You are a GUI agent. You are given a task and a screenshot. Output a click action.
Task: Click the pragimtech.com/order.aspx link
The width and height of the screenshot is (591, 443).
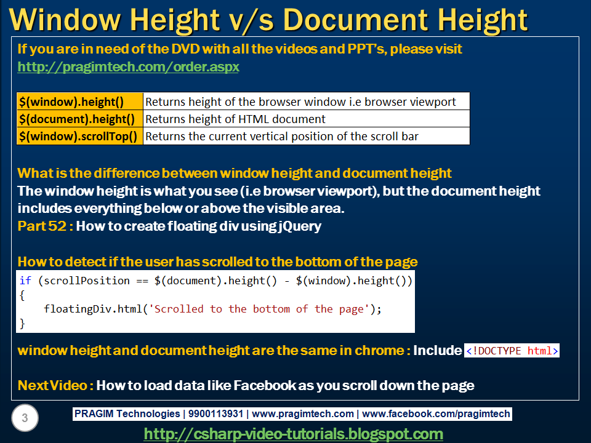tap(128, 67)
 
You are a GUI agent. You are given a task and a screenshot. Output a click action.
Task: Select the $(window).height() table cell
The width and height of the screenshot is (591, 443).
tap(80, 102)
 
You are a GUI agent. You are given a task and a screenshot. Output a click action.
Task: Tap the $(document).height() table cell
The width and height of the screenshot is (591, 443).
tap(80, 119)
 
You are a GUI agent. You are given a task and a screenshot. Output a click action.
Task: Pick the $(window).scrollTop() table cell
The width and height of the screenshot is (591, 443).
tap(80, 136)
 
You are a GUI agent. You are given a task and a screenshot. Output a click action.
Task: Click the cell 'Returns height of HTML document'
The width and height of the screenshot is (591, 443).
tap(235, 119)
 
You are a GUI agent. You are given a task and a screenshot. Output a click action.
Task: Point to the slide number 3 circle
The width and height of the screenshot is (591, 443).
tap(25, 418)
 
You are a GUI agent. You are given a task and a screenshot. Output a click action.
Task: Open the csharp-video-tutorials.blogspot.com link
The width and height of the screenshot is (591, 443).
tap(294, 434)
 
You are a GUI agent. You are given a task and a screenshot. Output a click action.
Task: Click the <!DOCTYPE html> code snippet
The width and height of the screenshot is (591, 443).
tap(512, 351)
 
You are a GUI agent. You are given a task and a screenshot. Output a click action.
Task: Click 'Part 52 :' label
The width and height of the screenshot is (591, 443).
tap(46, 226)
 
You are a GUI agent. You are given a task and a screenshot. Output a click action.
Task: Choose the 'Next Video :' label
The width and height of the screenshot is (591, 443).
tap(55, 386)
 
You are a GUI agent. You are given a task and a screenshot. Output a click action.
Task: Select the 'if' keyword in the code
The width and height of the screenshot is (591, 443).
tap(25, 281)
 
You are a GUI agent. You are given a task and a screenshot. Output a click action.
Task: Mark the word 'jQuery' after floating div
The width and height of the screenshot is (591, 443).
tap(300, 226)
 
